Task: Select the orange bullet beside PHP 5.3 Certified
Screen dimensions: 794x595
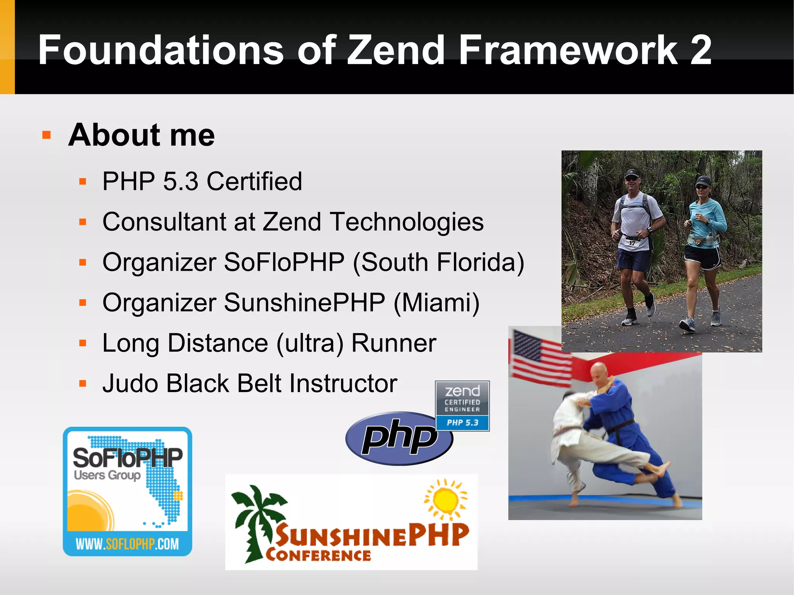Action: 82,181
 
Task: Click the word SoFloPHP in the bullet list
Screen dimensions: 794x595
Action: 284,262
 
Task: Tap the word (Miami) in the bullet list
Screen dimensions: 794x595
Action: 437,303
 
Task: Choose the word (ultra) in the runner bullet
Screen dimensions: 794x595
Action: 310,343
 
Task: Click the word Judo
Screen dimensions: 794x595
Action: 130,383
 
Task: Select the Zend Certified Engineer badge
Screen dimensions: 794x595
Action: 462,405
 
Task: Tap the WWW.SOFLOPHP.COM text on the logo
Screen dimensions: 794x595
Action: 127,544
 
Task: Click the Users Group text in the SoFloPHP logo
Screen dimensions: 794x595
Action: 107,475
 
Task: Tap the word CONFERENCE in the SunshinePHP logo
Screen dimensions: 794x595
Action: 318,555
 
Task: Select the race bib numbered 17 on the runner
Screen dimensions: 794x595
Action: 632,243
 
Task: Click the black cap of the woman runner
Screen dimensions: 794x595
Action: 703,181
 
